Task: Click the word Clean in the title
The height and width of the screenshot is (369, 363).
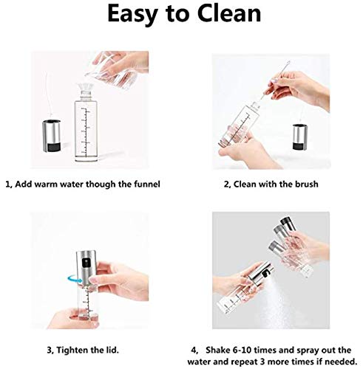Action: tap(229, 13)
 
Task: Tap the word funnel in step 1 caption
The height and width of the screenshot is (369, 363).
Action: tap(147, 184)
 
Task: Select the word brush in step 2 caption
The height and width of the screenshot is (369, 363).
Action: tap(306, 184)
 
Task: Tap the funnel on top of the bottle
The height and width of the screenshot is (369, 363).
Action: tap(86, 87)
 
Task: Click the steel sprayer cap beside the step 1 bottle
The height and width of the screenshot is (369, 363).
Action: tap(51, 136)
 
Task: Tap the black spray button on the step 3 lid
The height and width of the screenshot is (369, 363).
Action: tap(86, 263)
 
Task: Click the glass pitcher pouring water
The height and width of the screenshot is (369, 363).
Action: tap(112, 68)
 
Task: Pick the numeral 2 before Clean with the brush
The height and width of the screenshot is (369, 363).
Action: tap(226, 184)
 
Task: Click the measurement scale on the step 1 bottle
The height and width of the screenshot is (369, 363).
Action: tap(86, 133)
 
